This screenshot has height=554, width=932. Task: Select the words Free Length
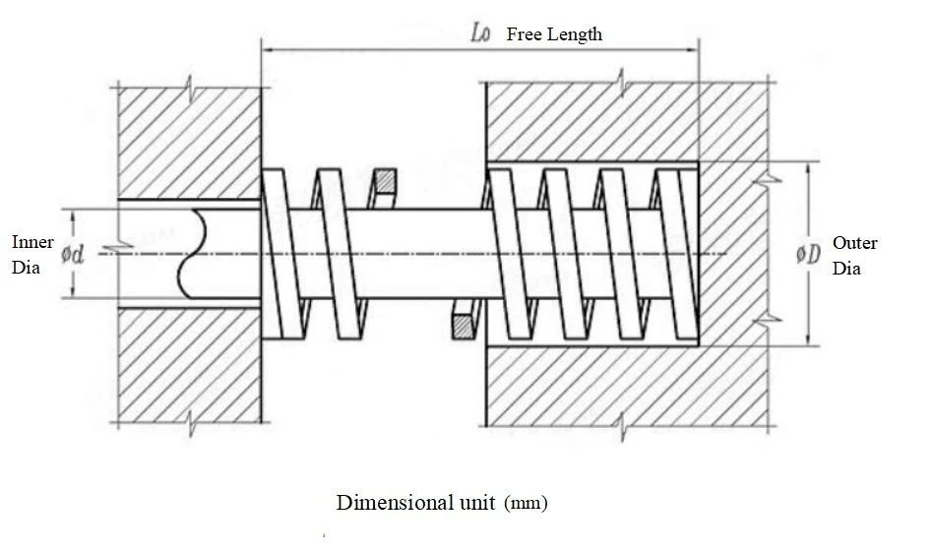(x=554, y=34)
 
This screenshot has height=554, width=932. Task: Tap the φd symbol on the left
(x=74, y=254)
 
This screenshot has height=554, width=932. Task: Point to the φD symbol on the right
(x=808, y=253)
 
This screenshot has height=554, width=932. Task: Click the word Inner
(x=32, y=242)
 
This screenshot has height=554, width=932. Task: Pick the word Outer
(x=854, y=242)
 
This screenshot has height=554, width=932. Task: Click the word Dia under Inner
(x=26, y=267)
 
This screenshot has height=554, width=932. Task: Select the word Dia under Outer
(x=846, y=267)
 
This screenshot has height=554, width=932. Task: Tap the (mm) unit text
(x=526, y=503)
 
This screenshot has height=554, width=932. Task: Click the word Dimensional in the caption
(x=385, y=503)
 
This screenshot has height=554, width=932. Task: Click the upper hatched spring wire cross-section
(x=384, y=182)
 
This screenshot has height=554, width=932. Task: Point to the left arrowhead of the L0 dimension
(x=266, y=45)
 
